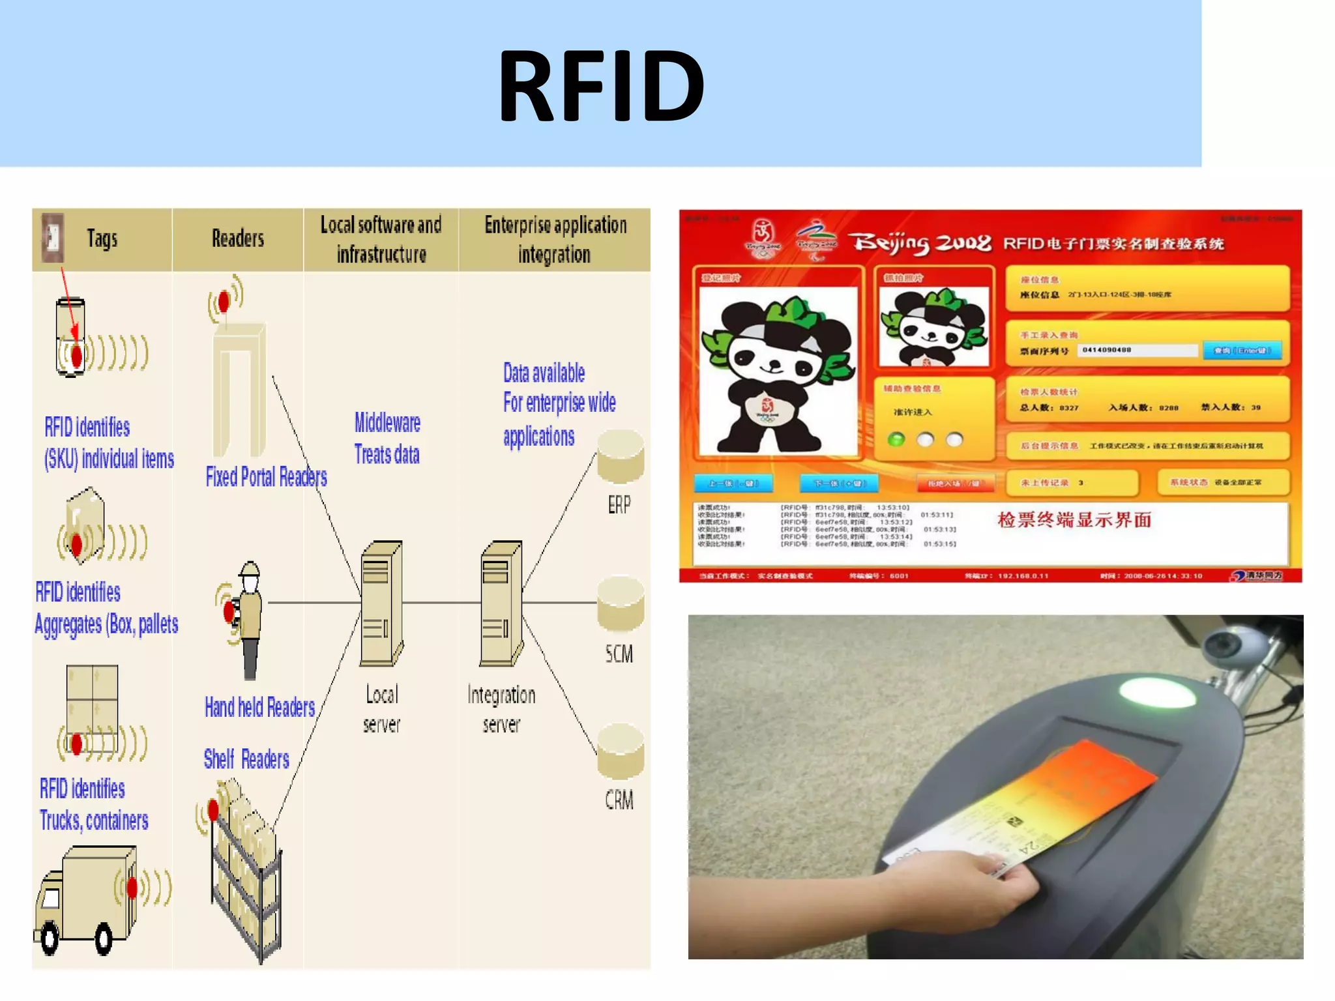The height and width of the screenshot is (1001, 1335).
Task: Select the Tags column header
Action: (x=102, y=239)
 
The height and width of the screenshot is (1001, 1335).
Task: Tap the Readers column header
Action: (x=238, y=239)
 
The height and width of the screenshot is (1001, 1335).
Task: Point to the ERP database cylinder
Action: (x=621, y=456)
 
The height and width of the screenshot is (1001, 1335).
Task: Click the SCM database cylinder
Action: (x=621, y=604)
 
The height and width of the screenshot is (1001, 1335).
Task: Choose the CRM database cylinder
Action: (x=621, y=751)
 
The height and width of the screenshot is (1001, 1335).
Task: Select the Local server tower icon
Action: (x=381, y=603)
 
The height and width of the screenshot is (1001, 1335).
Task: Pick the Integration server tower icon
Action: (x=501, y=603)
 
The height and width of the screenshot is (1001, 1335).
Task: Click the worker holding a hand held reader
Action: (x=248, y=619)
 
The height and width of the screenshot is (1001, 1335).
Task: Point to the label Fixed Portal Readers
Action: (x=266, y=477)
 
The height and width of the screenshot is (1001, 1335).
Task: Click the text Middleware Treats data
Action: (x=387, y=438)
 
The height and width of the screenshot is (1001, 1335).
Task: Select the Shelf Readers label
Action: (x=246, y=759)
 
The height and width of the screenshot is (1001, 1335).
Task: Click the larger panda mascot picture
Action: (x=778, y=371)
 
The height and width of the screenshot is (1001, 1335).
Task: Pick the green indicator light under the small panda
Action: (x=897, y=439)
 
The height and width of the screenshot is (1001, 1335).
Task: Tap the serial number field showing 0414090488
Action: (x=1137, y=351)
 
